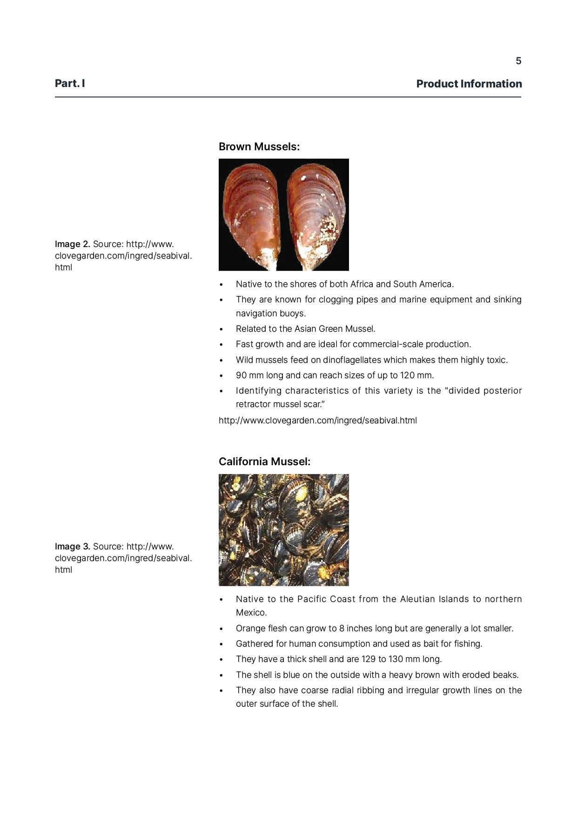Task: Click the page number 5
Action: click(x=518, y=61)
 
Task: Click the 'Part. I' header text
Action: click(x=70, y=83)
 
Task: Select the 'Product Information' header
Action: click(x=469, y=84)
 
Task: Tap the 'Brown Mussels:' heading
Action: click(x=259, y=147)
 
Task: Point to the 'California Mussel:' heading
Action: click(x=264, y=462)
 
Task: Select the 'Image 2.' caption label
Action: click(x=72, y=244)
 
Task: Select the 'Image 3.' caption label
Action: click(x=72, y=546)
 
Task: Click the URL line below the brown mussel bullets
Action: click(x=318, y=421)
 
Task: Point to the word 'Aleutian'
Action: click(x=417, y=599)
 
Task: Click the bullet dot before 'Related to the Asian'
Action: click(x=222, y=329)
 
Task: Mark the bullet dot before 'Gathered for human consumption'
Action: click(x=222, y=644)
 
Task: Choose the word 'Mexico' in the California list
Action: click(x=250, y=613)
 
